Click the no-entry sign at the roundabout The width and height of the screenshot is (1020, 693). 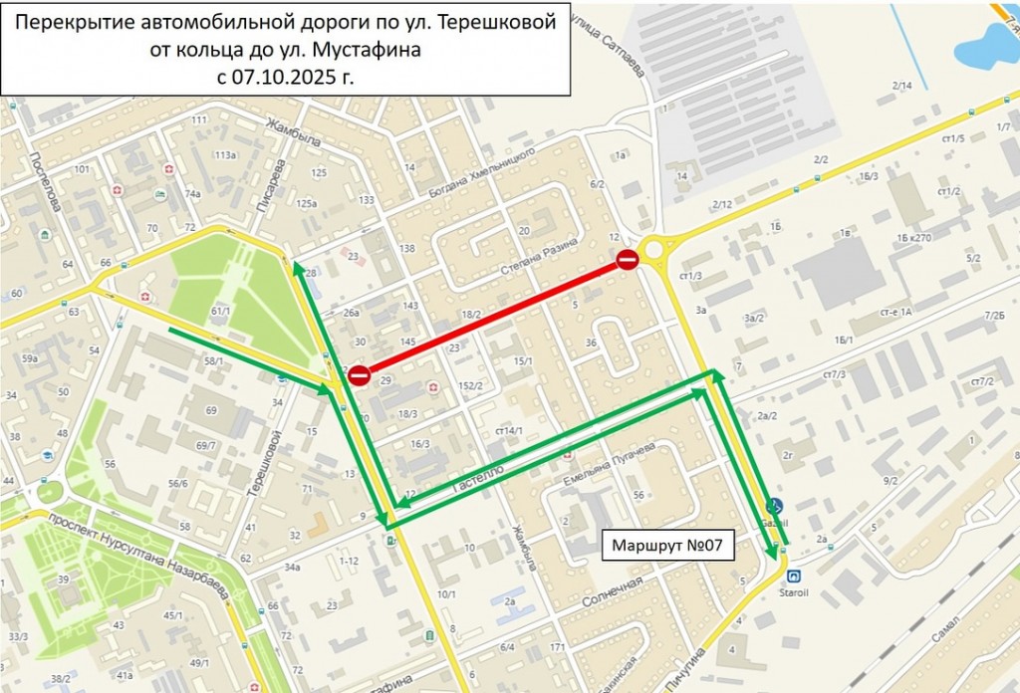coord(627,261)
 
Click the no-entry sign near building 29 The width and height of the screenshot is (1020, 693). coord(359,375)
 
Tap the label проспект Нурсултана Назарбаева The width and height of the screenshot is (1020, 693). coord(138,553)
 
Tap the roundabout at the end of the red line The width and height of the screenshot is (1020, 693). coord(657,249)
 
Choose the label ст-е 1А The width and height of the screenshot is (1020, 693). coord(894,313)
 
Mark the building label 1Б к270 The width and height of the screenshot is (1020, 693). coord(912,239)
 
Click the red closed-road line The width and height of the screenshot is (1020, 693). coord(493,318)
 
